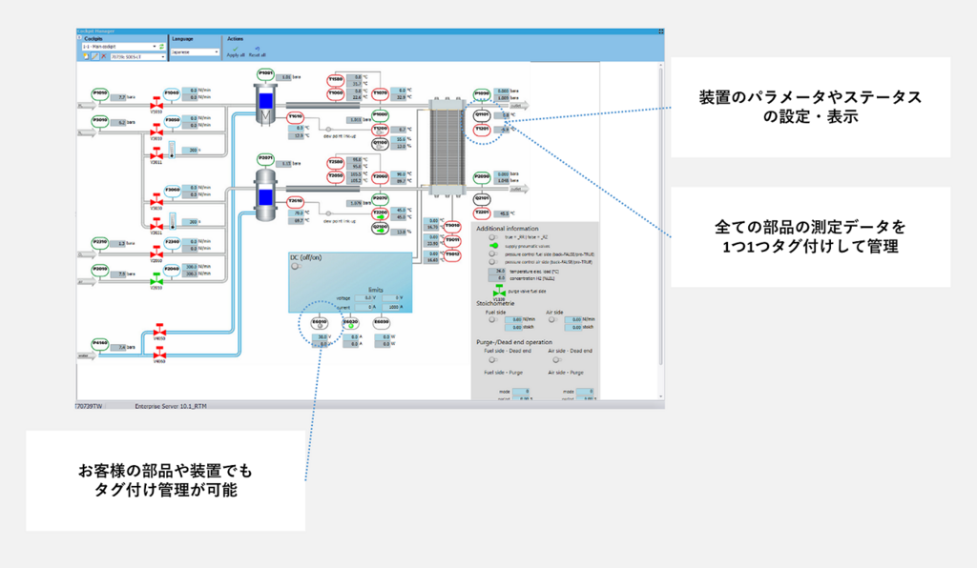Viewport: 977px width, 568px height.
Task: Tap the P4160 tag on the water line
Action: click(x=100, y=343)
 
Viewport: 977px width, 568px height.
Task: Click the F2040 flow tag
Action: click(x=172, y=270)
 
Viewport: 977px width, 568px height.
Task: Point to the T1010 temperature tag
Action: click(x=295, y=116)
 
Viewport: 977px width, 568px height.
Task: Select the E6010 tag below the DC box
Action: click(x=320, y=323)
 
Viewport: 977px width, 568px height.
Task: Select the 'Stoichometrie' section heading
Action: click(x=496, y=302)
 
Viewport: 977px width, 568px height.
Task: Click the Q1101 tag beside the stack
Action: click(x=482, y=115)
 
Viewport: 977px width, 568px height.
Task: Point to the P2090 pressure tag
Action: click(x=482, y=177)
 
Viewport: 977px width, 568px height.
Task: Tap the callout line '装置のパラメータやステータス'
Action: click(x=810, y=98)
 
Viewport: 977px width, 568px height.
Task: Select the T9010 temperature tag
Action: click(x=453, y=226)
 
